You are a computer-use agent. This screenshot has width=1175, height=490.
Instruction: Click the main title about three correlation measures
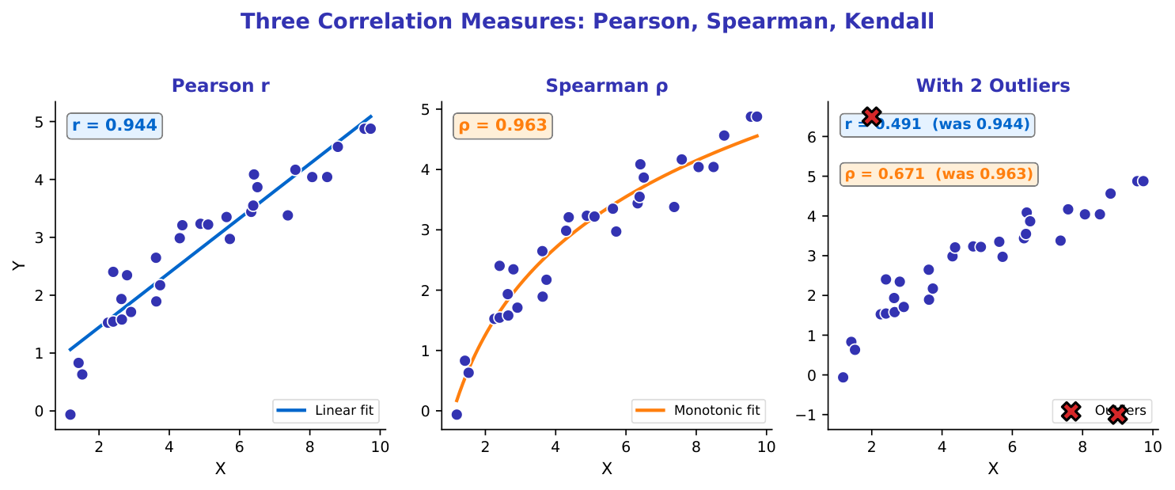point(587,21)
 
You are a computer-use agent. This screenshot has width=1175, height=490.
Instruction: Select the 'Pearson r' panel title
point(221,85)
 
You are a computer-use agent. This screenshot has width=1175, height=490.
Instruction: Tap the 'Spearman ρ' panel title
point(607,85)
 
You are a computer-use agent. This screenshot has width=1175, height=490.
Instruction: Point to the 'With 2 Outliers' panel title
point(993,85)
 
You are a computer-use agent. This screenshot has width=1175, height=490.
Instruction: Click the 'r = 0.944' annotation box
point(115,125)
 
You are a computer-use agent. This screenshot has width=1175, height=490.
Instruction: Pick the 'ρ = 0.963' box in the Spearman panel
point(502,125)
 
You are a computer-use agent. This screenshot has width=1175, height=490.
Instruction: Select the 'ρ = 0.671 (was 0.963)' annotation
point(938,174)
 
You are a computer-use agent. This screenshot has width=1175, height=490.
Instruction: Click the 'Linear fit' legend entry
point(326,410)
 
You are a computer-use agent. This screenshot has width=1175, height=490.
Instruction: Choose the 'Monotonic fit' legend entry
point(698,410)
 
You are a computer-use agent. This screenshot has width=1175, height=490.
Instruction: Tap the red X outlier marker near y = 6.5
point(871,116)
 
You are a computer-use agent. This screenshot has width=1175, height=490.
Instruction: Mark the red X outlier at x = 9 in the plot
point(1117,414)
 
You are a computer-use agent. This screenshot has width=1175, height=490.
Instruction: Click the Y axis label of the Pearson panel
point(20,265)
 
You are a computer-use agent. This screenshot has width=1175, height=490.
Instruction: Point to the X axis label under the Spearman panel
point(607,469)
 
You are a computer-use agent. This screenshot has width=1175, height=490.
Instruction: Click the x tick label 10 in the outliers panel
point(1153,446)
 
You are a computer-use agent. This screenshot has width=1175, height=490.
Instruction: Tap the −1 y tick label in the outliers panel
point(812,415)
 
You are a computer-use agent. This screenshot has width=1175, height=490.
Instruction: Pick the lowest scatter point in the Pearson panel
point(70,414)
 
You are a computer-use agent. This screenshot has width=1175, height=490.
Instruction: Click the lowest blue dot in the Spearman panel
point(457,414)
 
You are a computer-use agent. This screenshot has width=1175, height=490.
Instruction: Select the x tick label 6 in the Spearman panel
point(625,446)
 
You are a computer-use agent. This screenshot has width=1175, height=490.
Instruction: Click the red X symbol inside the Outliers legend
point(1071,410)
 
